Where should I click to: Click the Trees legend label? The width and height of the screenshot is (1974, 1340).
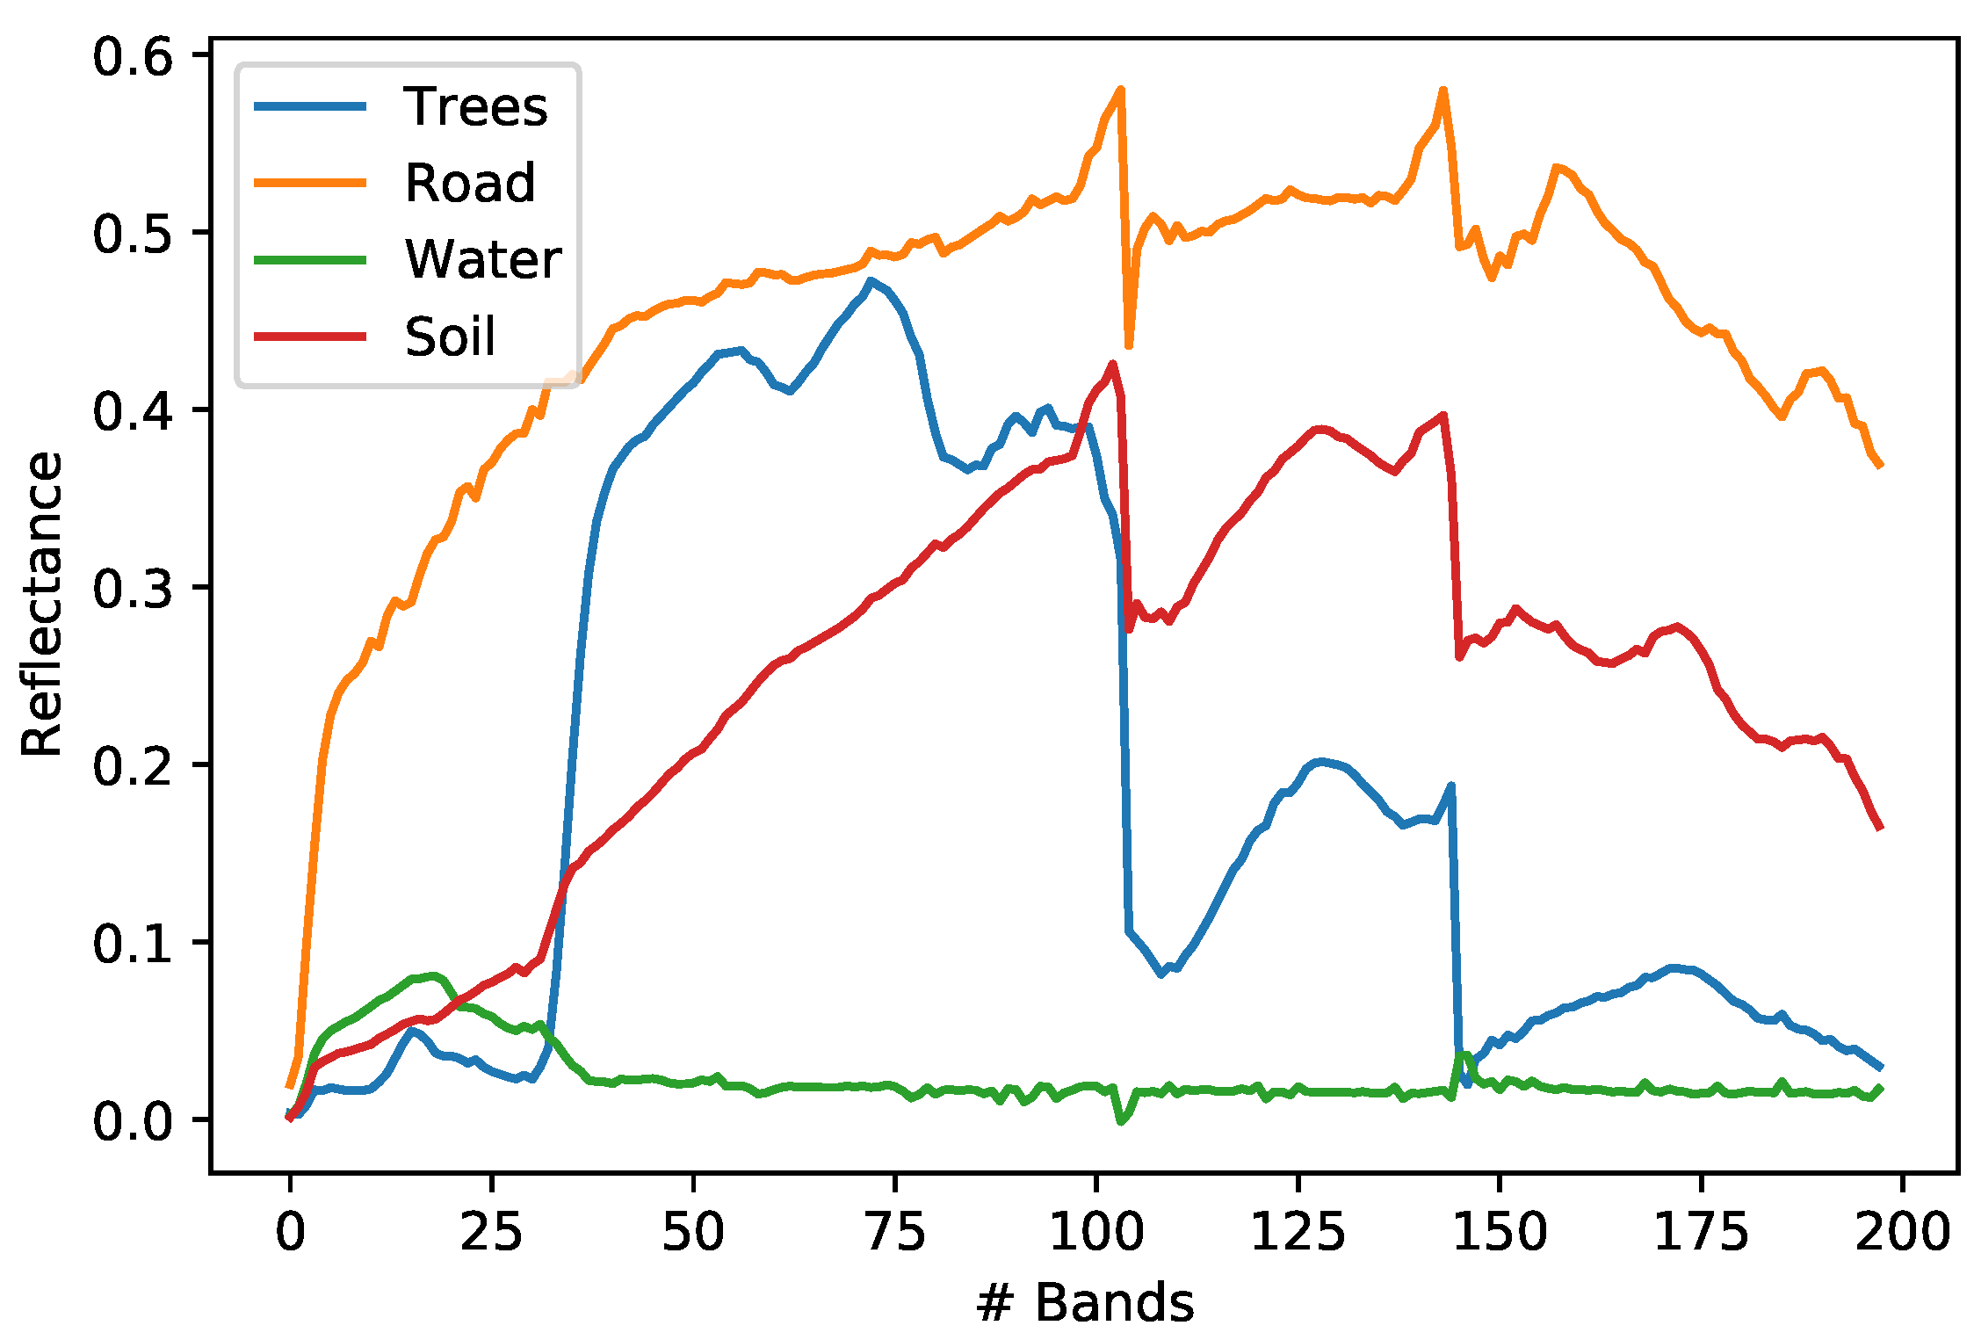pyautogui.click(x=475, y=107)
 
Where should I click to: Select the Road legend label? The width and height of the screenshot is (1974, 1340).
pyautogui.click(x=469, y=184)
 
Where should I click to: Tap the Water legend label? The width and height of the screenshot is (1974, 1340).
pyautogui.click(x=482, y=260)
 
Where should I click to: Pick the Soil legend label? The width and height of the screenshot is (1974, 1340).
pyautogui.click(x=450, y=337)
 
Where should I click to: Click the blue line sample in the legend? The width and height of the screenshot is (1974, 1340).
pyautogui.click(x=309, y=106)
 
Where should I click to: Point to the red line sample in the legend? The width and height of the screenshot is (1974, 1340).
pyautogui.click(x=309, y=336)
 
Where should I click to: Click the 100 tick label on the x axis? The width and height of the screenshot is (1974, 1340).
pyautogui.click(x=1095, y=1232)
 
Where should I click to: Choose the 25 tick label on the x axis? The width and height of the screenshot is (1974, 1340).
pyautogui.click(x=491, y=1232)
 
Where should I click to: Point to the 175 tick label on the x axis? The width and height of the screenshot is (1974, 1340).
pyautogui.click(x=1701, y=1232)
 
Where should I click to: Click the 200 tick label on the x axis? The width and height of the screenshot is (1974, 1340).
pyautogui.click(x=1902, y=1232)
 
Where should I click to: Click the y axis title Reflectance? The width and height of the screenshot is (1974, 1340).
pyautogui.click(x=42, y=604)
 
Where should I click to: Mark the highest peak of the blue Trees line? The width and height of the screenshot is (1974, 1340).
pyautogui.click(x=870, y=281)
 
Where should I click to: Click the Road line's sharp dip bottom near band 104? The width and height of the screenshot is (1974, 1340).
pyautogui.click(x=1129, y=346)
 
